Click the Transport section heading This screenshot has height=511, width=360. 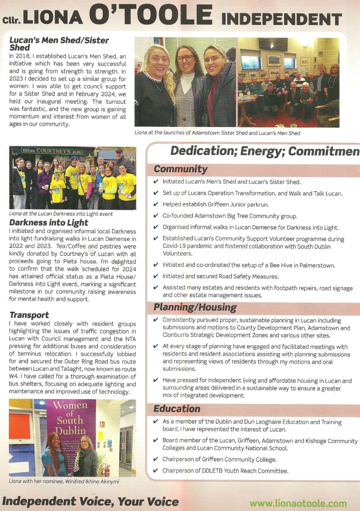(29, 315)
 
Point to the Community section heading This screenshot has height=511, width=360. (181, 169)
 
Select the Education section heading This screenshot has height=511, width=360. (177, 409)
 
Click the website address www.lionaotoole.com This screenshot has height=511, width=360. (298, 503)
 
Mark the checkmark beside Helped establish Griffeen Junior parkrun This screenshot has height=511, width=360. (156, 205)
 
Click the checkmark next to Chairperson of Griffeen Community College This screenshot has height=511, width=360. (156, 460)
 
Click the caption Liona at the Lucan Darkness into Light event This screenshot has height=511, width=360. (61, 214)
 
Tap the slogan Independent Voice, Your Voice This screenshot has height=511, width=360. (90, 501)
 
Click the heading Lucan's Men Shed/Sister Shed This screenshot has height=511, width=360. (59, 43)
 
